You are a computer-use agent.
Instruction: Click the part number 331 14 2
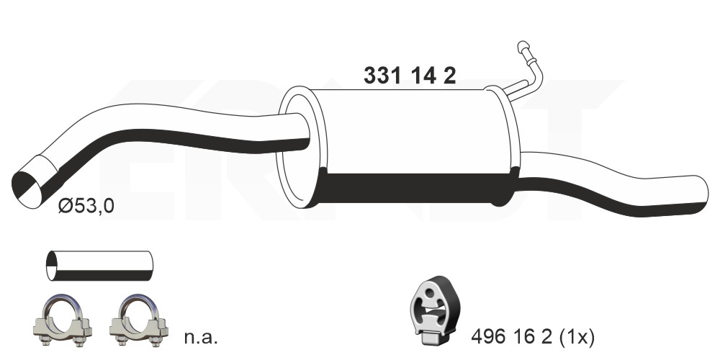click(410, 76)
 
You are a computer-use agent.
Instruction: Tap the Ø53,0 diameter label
click(86, 207)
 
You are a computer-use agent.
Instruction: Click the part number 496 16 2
click(511, 338)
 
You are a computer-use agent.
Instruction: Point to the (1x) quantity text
click(576, 338)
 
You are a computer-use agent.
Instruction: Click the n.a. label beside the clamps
click(201, 338)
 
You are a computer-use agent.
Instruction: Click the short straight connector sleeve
click(99, 266)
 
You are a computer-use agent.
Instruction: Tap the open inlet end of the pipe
click(26, 189)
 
